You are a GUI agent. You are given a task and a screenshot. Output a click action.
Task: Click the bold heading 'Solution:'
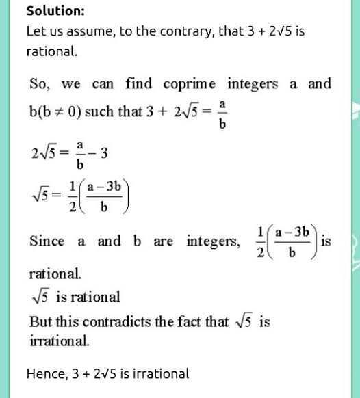pos(55,11)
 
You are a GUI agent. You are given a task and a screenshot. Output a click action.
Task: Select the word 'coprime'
pos(190,84)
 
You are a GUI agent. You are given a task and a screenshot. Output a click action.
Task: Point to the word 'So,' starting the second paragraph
pos(40,84)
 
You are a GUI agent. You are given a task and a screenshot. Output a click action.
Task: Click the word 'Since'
pos(47,241)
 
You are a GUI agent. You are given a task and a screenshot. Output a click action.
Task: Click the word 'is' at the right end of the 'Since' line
pos(325,241)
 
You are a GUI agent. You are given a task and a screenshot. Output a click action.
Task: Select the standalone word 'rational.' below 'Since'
pos(55,274)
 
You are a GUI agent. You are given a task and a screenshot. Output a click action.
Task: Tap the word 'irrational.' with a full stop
pos(59,340)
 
